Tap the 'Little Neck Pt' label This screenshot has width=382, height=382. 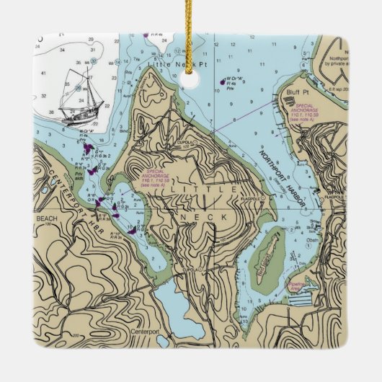[x=167, y=64]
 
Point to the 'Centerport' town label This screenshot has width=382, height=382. [x=146, y=332]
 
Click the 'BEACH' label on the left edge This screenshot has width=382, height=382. [x=45, y=216]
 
